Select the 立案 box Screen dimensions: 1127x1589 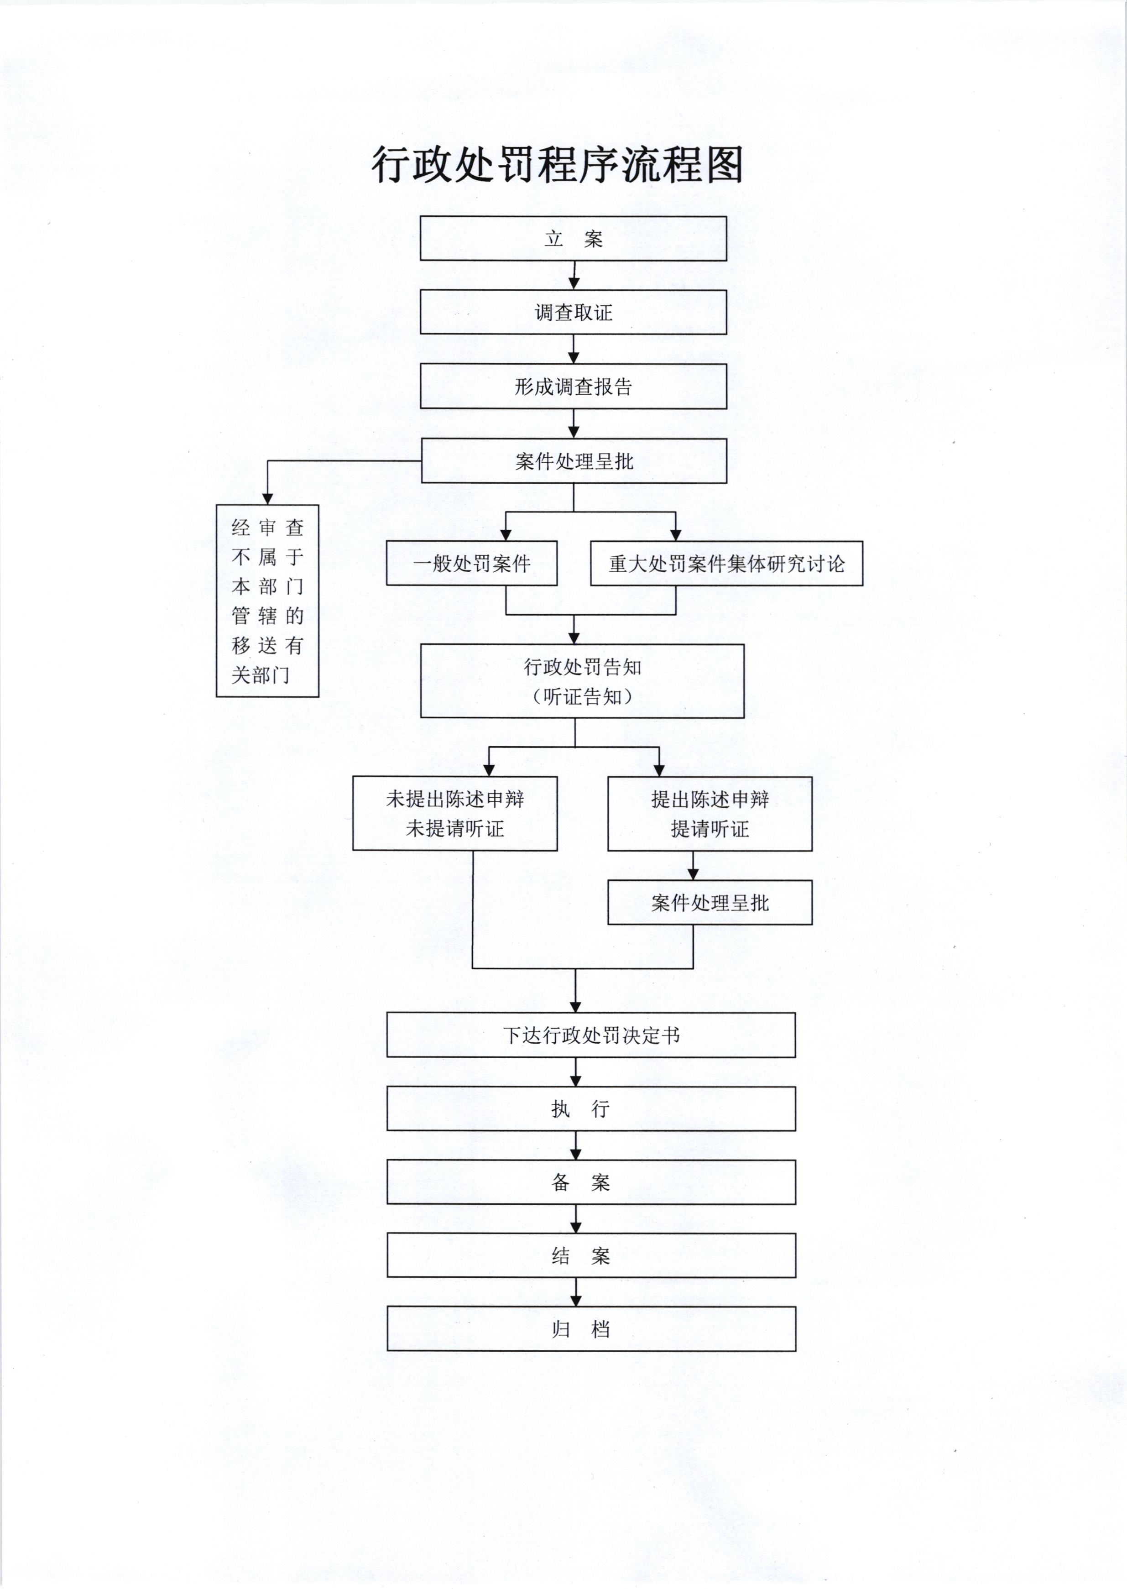573,239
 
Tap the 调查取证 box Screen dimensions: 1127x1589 573,312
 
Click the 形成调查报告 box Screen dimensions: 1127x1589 573,387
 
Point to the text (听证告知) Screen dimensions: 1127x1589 582,697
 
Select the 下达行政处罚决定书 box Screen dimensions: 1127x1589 591,1035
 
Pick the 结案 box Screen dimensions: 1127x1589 591,1256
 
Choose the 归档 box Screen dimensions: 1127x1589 591,1329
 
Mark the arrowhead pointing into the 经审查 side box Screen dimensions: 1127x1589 267,499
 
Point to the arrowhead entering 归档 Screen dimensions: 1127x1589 576,1301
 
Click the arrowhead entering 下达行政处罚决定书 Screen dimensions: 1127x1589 576,1007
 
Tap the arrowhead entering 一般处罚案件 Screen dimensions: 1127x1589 506,535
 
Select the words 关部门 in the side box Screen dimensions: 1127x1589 260,675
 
